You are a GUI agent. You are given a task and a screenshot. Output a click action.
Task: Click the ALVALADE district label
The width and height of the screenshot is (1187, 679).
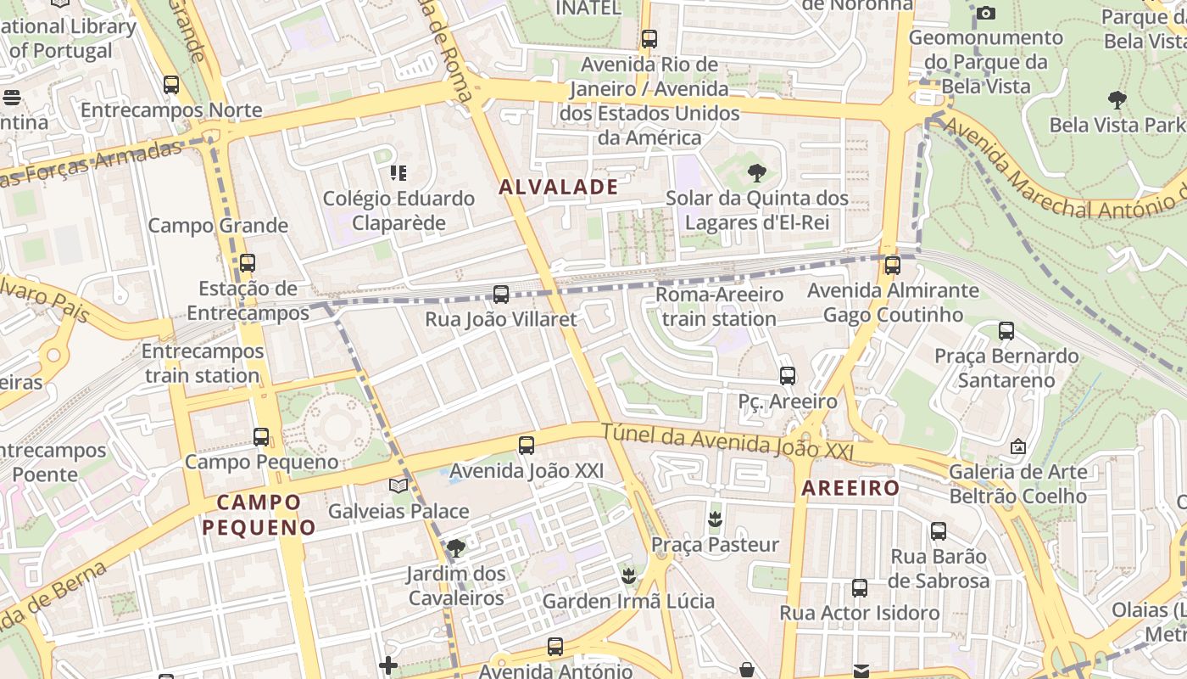[x=559, y=188]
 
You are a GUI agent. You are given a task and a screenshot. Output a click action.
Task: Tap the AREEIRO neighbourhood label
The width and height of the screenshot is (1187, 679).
[x=850, y=488]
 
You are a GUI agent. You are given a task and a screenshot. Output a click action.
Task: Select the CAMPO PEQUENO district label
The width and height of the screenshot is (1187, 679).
[x=259, y=514]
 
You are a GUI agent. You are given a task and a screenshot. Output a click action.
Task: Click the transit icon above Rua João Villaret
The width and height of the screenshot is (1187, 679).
[x=501, y=295]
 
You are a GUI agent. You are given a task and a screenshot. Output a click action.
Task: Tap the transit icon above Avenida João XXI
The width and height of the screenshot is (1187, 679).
[x=527, y=445]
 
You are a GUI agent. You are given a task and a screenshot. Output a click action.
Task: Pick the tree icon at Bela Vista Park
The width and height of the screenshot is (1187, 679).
[x=1117, y=100]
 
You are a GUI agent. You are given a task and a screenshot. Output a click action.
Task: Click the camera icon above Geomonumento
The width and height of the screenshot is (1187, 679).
[x=985, y=13]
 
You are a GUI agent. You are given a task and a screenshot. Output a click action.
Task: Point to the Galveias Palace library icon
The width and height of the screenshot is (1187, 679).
[x=398, y=486]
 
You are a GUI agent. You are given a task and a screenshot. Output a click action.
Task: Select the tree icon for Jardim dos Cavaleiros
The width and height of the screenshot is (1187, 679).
[x=456, y=548]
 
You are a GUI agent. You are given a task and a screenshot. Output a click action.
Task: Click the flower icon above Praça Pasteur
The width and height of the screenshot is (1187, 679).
[x=715, y=519]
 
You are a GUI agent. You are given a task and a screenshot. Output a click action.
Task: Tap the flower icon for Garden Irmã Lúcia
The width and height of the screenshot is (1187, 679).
[x=628, y=577]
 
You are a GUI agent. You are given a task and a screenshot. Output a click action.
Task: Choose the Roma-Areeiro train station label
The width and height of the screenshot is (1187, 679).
[x=719, y=307]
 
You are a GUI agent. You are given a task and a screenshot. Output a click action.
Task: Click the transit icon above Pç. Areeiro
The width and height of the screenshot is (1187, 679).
[x=788, y=375]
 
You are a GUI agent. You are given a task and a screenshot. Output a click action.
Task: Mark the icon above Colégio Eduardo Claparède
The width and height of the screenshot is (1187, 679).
[x=398, y=174]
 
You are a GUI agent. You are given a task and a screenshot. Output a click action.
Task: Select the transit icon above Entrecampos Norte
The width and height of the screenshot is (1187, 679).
[x=171, y=85]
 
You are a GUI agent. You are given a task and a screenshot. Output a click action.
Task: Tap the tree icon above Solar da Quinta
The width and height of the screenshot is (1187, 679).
[x=756, y=174]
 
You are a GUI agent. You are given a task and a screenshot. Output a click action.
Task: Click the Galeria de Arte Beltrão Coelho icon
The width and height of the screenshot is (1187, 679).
[x=1017, y=446]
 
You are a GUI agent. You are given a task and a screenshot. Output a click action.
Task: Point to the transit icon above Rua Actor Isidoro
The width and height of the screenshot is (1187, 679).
[x=860, y=587]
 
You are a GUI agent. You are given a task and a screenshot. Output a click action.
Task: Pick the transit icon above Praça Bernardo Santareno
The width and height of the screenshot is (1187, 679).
[x=1006, y=331]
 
